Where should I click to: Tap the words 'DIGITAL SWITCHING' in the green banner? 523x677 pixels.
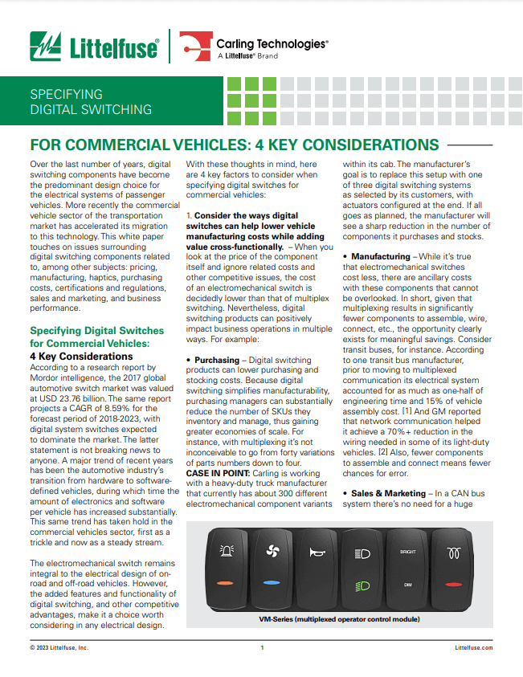point(90,109)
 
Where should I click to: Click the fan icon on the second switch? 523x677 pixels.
point(271,553)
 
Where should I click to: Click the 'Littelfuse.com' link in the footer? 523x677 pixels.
point(474,647)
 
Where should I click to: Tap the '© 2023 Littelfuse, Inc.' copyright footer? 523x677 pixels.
point(59,647)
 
